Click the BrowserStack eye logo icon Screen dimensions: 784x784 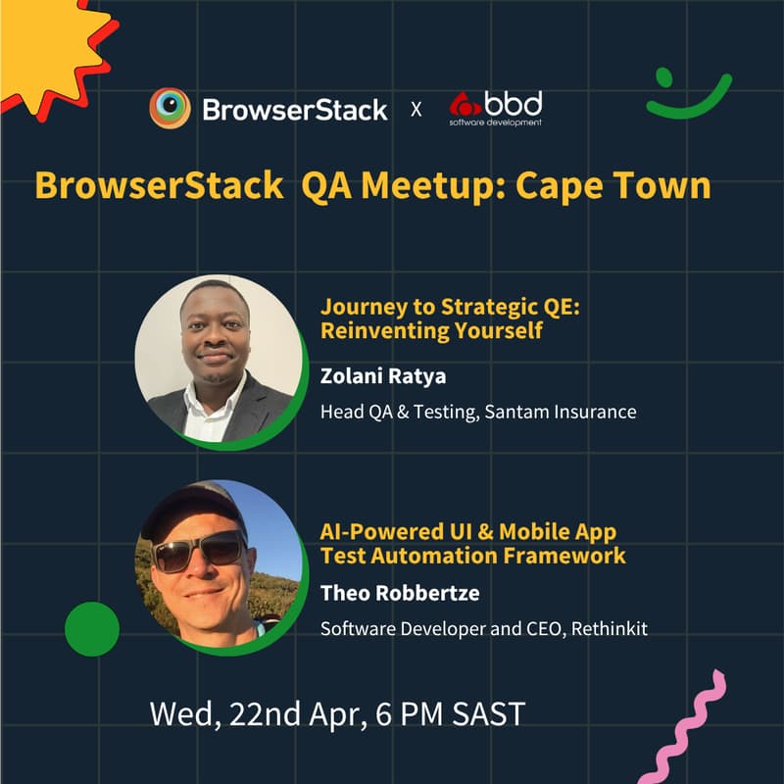coord(170,108)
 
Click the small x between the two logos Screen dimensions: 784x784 coord(416,109)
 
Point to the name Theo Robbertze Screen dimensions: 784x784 coord(386,593)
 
